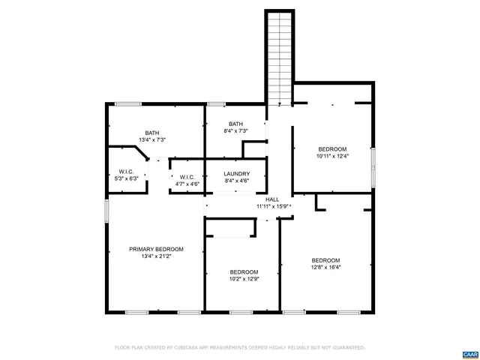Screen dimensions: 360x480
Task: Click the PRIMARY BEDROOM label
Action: coord(156,249)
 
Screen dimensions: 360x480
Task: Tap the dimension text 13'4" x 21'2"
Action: coord(156,256)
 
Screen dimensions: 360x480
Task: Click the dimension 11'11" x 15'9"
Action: coord(273,206)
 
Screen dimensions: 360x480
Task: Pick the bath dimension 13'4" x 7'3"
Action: coord(152,139)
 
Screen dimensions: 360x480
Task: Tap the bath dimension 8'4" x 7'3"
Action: coord(235,131)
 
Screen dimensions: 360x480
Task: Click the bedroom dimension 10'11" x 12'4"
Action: coord(332,156)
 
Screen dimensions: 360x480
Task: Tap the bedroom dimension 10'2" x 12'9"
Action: coord(244,279)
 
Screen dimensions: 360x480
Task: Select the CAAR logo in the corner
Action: coord(469,352)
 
